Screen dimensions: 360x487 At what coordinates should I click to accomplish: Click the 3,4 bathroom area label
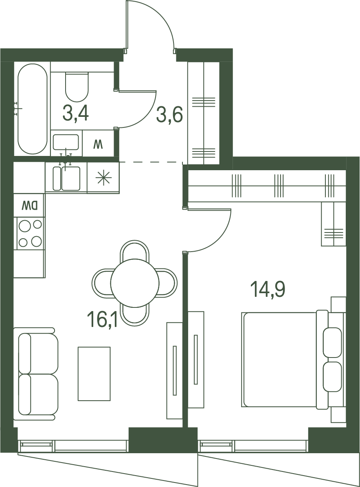(75, 113)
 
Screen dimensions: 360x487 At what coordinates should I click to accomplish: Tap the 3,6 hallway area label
(169, 114)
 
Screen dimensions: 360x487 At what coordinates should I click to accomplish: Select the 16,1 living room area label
(102, 320)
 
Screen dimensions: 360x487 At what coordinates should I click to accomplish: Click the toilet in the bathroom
(77, 86)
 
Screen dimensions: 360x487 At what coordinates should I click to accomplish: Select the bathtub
(33, 109)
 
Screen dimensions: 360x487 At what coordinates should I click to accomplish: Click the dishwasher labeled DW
(29, 205)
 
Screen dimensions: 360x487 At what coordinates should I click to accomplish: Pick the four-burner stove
(30, 233)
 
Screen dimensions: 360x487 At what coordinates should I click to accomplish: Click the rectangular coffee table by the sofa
(94, 373)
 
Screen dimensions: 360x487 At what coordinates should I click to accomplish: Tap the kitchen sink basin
(71, 178)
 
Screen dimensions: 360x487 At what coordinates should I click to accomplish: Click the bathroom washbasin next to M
(66, 142)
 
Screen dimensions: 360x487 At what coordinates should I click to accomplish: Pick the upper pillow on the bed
(332, 342)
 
